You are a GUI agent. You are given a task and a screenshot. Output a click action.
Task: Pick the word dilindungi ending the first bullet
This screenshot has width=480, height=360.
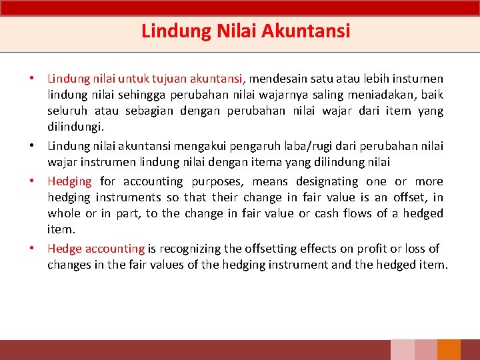(75, 127)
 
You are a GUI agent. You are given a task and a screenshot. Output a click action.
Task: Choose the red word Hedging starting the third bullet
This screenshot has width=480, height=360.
(69, 181)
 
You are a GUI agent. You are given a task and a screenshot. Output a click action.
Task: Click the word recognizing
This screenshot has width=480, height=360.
(189, 249)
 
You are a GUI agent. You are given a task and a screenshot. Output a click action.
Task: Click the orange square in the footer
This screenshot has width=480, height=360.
(449, 350)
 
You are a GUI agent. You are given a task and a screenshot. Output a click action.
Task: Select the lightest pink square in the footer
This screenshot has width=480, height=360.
(402, 350)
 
